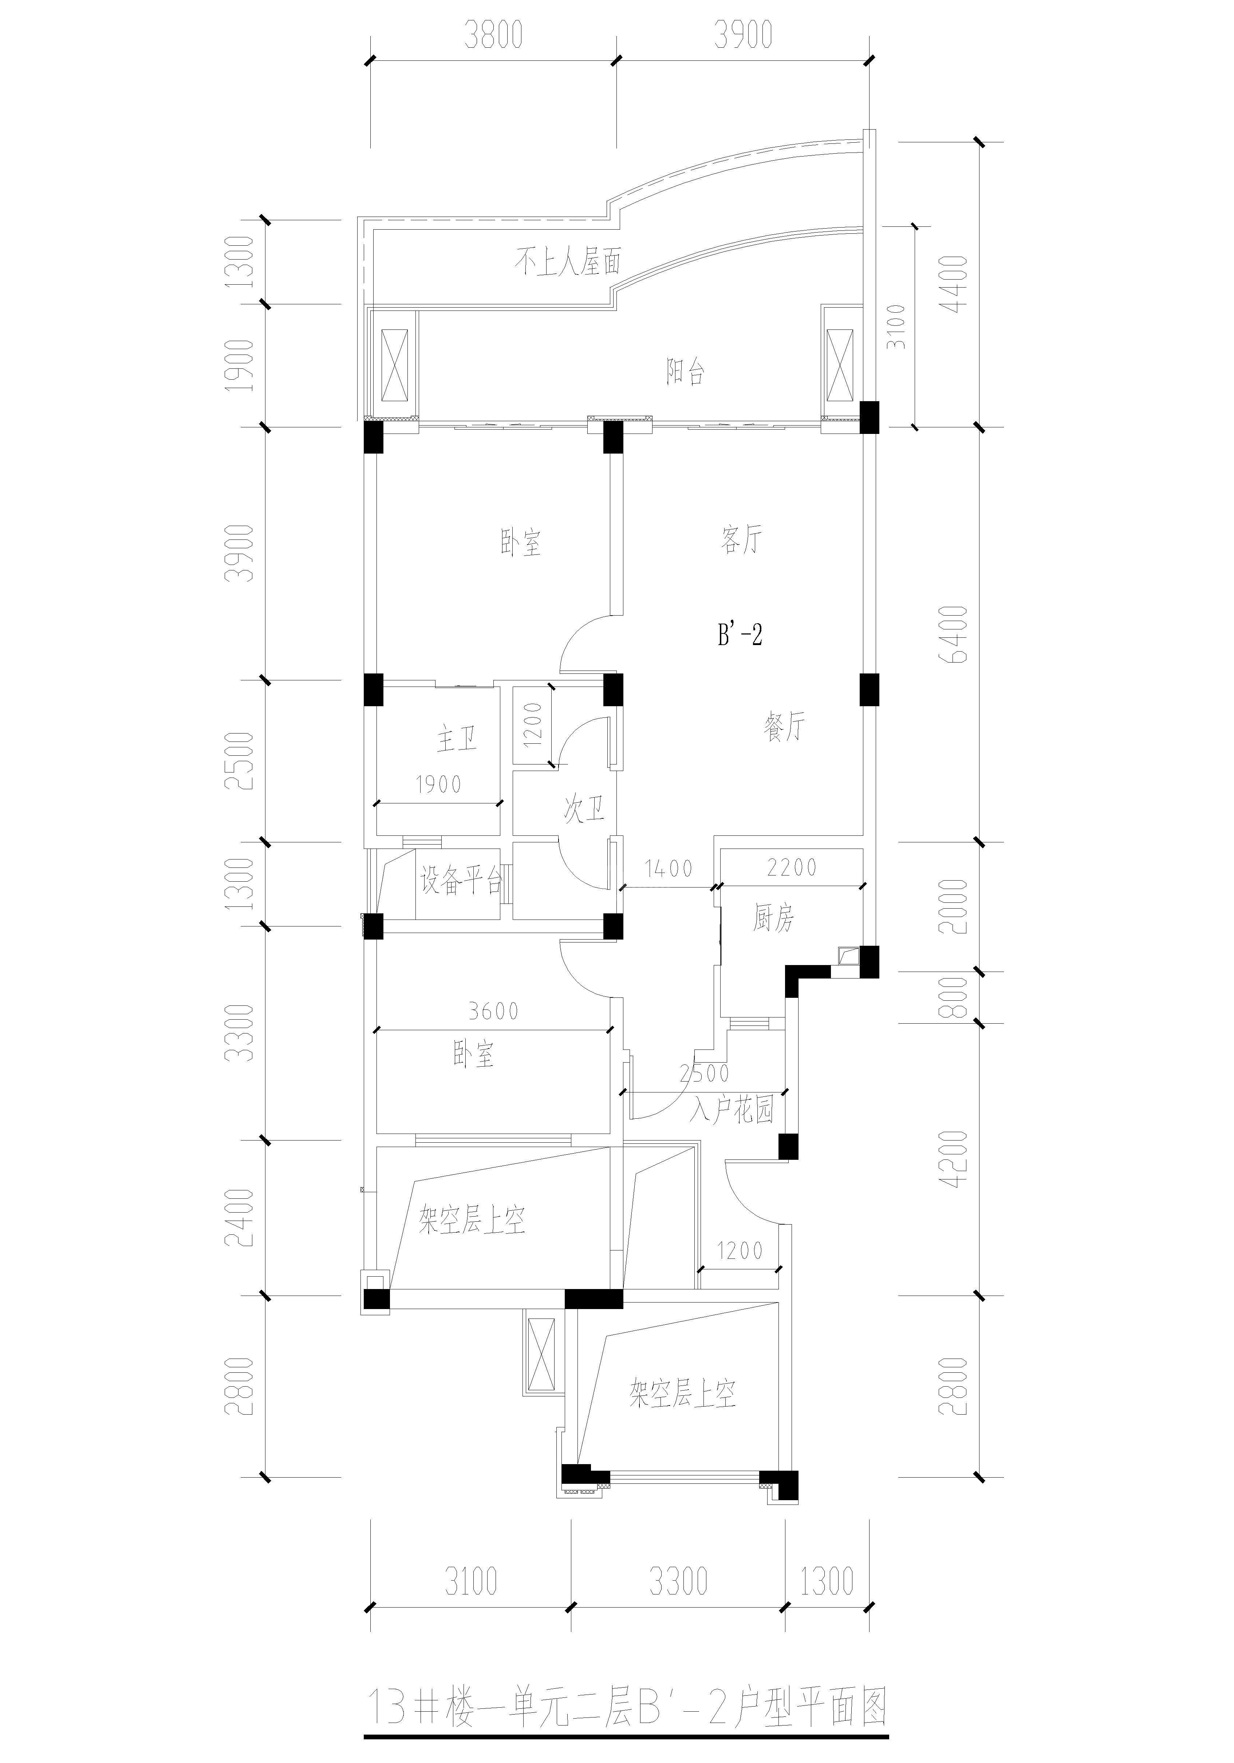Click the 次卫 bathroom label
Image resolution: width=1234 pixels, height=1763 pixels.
pos(584,810)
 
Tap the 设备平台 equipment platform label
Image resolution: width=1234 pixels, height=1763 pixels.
pos(461,881)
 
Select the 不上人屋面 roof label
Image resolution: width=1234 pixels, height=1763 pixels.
pos(567,263)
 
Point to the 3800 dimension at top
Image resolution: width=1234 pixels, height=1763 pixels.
pos(493,35)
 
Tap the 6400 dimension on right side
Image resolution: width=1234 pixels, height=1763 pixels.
pos(958,634)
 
